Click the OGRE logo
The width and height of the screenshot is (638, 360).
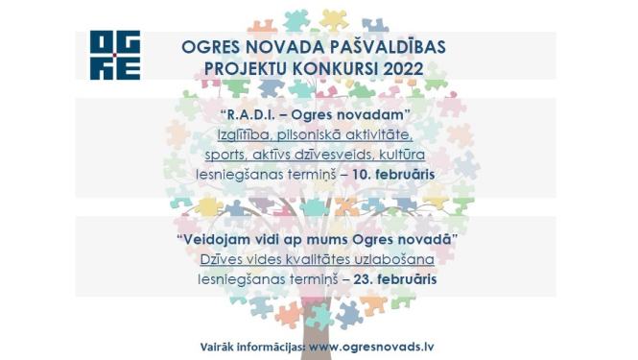(x=114, y=55)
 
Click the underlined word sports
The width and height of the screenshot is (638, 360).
(x=224, y=156)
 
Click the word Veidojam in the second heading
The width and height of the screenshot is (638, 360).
(x=209, y=238)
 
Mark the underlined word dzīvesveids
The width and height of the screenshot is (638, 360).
(x=343, y=156)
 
